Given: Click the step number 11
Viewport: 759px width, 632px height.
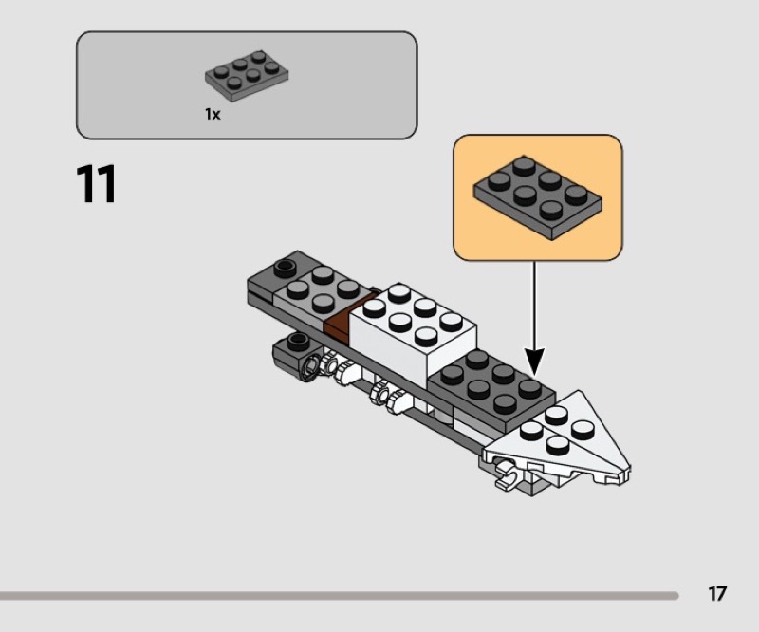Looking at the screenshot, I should [x=96, y=184].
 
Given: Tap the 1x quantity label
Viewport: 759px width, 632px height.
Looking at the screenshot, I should [x=213, y=114].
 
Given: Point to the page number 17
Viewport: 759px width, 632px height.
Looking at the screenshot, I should [x=717, y=594].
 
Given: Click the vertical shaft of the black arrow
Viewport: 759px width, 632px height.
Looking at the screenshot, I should [x=535, y=304].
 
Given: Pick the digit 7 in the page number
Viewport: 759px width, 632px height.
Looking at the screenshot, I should [x=722, y=594].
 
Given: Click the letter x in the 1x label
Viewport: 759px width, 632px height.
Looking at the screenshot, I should [x=216, y=115].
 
